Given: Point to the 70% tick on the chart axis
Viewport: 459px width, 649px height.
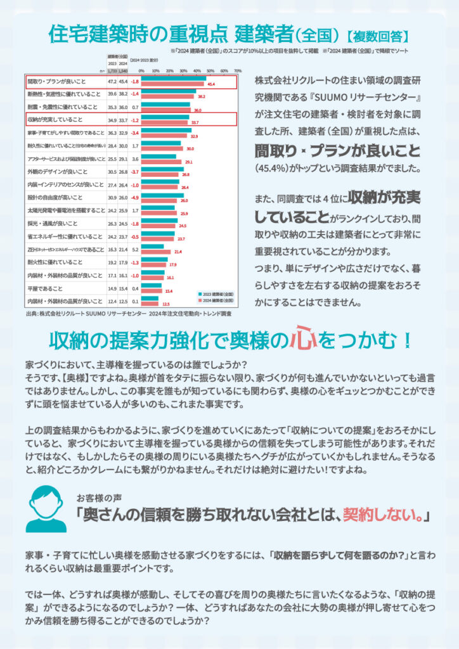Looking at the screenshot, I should click(x=237, y=71).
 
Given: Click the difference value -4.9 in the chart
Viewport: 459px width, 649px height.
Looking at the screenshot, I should click(x=134, y=199).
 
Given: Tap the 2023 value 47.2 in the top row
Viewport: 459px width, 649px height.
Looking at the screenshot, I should click(x=112, y=82).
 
